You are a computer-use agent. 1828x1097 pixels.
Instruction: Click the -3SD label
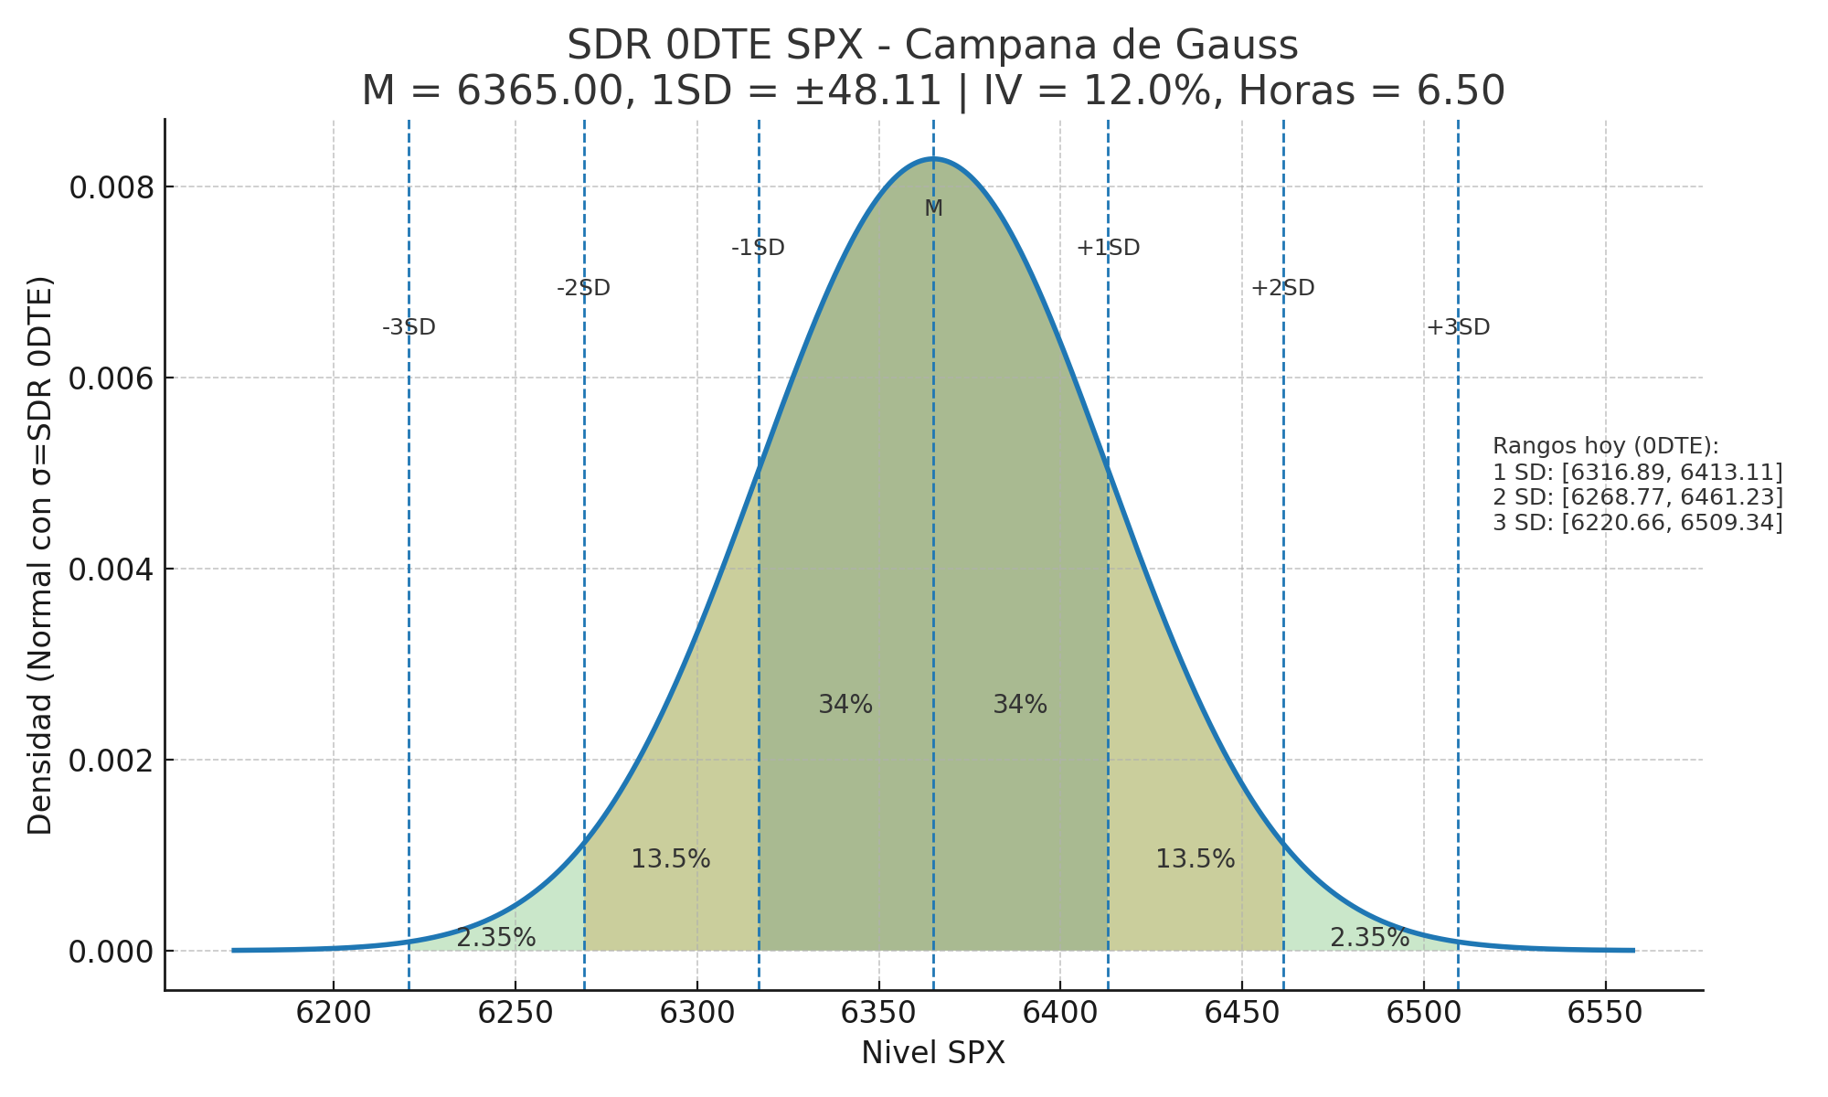(x=409, y=327)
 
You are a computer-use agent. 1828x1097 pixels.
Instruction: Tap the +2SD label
(x=1282, y=288)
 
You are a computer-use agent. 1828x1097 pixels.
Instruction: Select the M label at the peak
(x=933, y=208)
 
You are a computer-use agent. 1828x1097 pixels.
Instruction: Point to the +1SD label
(x=1108, y=248)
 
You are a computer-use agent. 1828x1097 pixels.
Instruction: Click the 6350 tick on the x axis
(x=878, y=1014)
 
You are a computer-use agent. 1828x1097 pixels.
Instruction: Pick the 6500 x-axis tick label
(x=1423, y=1014)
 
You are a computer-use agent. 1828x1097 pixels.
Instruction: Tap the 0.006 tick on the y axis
(x=108, y=378)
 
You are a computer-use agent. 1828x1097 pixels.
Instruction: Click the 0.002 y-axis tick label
(x=108, y=761)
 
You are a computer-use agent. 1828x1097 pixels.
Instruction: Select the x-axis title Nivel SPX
(x=932, y=1054)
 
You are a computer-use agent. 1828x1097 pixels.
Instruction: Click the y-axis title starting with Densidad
(x=40, y=555)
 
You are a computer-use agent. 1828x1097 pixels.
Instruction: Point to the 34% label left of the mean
(x=845, y=705)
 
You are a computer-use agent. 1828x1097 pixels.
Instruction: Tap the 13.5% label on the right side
(x=1195, y=859)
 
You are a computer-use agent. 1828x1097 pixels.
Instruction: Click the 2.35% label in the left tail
(x=495, y=938)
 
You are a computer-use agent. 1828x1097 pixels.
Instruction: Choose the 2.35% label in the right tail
(x=1369, y=938)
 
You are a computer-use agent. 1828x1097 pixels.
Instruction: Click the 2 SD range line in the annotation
(x=1637, y=497)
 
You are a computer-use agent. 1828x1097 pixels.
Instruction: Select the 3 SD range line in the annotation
(x=1637, y=523)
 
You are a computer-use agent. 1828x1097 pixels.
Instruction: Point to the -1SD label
(x=758, y=248)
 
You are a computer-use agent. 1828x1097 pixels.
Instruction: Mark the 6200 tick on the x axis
(x=334, y=1014)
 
